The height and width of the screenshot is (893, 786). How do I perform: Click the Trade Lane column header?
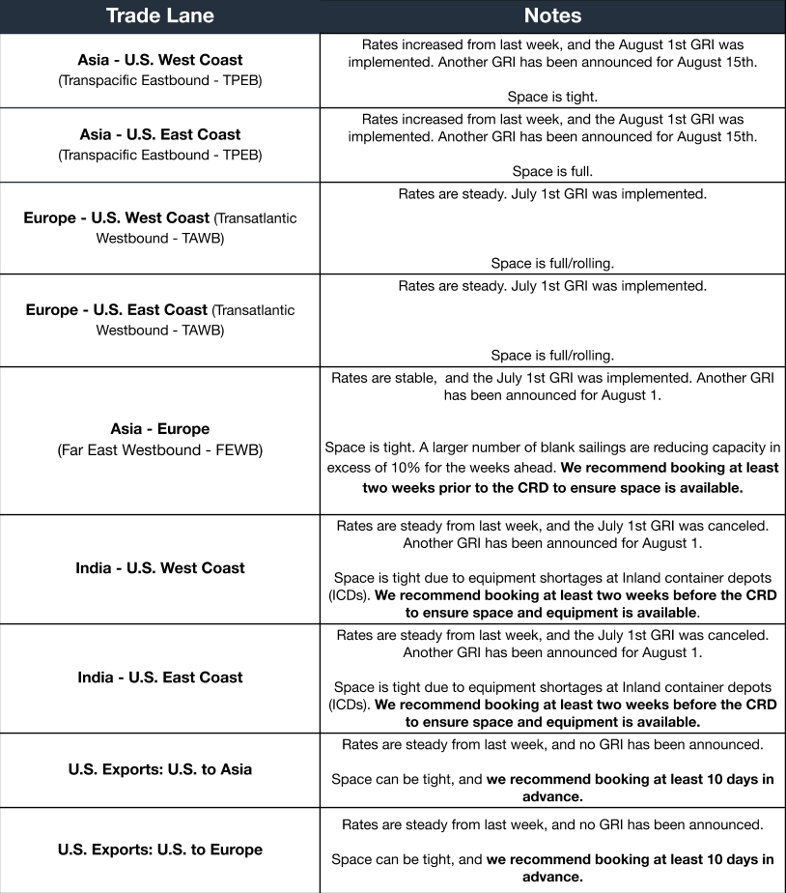click(159, 15)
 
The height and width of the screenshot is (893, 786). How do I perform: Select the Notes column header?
click(552, 15)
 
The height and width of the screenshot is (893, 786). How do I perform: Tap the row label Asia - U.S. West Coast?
click(160, 60)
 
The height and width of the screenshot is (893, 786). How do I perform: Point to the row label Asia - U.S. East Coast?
click(160, 134)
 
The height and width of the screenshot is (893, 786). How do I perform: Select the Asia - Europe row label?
click(160, 428)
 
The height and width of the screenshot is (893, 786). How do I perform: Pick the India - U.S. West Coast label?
click(160, 568)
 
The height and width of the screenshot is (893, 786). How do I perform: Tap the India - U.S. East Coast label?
click(160, 677)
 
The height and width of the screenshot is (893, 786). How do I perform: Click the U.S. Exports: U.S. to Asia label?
click(160, 769)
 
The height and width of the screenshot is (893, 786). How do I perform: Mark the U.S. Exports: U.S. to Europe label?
click(160, 850)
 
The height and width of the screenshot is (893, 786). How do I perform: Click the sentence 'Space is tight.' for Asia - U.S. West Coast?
click(552, 97)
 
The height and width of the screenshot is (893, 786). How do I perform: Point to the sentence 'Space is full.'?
click(552, 171)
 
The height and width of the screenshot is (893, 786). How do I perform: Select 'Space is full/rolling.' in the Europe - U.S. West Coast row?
click(552, 263)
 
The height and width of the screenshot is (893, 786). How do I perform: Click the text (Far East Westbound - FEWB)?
click(160, 450)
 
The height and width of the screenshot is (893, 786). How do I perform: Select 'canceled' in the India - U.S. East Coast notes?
click(741, 635)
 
